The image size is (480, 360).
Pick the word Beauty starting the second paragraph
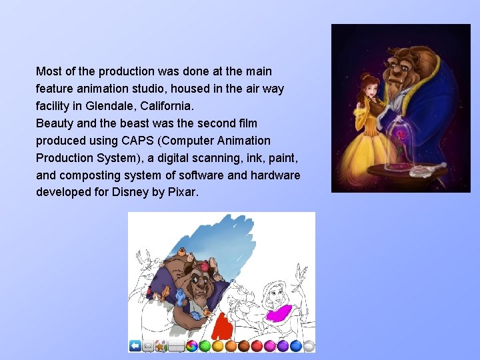pyautogui.click(x=54, y=123)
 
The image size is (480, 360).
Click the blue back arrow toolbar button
pyautogui.click(x=135, y=345)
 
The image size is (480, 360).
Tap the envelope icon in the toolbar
pyautogui.click(x=148, y=345)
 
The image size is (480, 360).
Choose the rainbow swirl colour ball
pyautogui.click(x=192, y=345)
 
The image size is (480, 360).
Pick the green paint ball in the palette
pyautogui.click(x=205, y=345)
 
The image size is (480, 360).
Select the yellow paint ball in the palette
pyautogui.click(x=218, y=345)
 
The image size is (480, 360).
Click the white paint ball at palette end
pyautogui.click(x=309, y=345)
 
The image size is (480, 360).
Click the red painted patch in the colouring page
pyautogui.click(x=223, y=326)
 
